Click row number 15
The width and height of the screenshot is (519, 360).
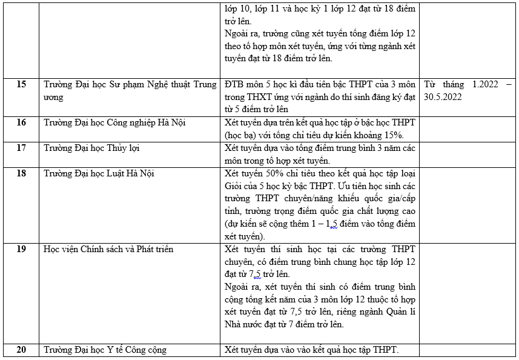[21, 85]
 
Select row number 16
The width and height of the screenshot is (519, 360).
[21, 122]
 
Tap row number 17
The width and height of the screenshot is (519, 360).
[21, 148]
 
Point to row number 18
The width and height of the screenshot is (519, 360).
[21, 173]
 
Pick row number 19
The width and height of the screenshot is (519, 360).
[21, 249]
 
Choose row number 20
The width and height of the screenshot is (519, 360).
[21, 350]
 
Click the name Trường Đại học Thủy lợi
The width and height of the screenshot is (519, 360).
[91, 148]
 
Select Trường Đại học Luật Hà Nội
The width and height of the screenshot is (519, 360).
[99, 173]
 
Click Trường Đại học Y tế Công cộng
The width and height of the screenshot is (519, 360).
[105, 350]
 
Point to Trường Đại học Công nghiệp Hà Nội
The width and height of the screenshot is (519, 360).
[114, 122]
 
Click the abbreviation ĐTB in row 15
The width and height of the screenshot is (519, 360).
[234, 85]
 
